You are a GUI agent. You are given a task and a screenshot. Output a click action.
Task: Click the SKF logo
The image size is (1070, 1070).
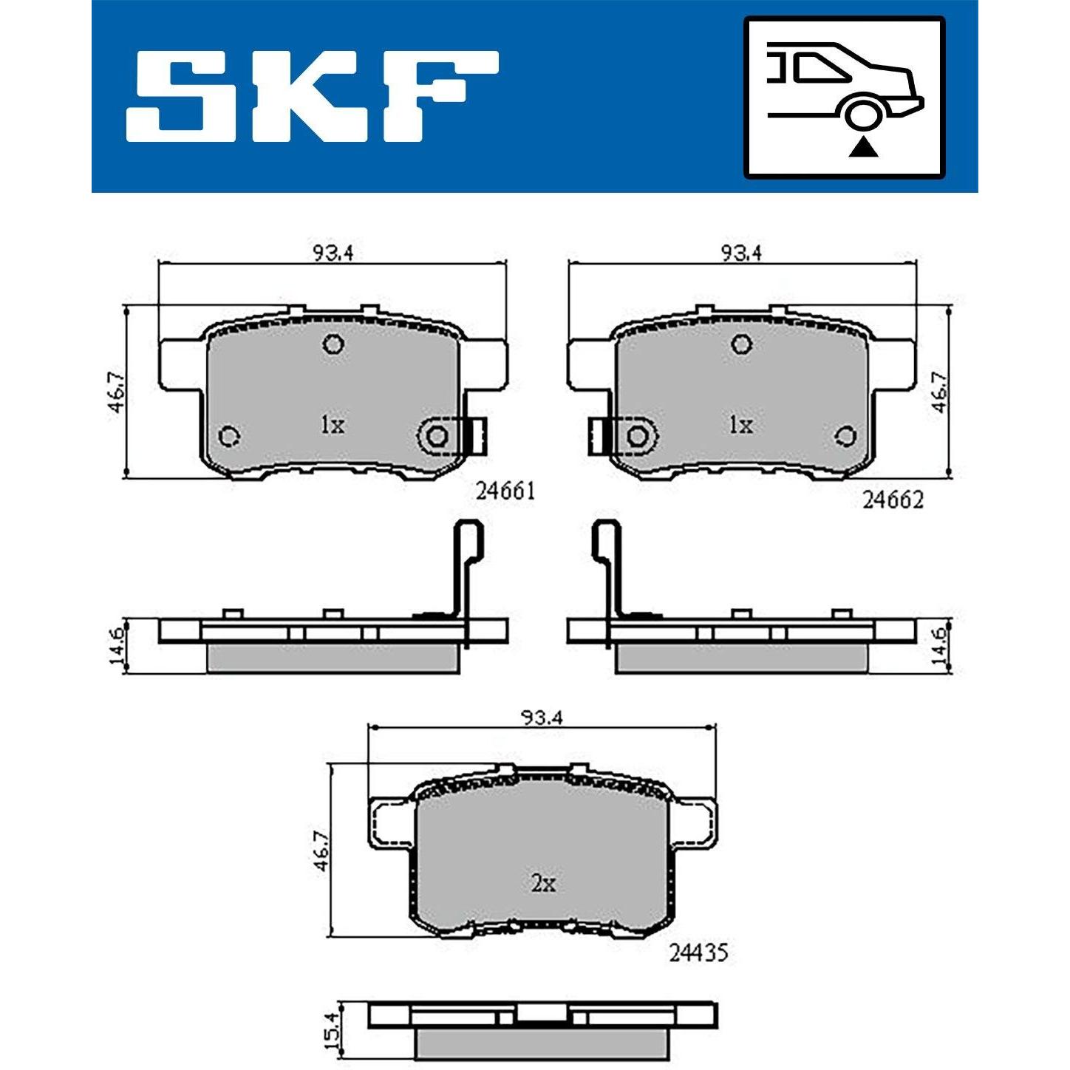(312, 97)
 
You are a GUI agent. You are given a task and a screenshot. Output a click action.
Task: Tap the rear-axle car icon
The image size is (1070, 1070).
(844, 97)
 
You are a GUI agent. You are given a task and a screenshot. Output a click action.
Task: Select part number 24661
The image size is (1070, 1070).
(505, 491)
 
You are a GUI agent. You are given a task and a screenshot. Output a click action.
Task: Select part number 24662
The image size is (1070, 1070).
(893, 500)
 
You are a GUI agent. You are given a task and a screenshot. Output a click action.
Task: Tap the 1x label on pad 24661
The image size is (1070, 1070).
(333, 426)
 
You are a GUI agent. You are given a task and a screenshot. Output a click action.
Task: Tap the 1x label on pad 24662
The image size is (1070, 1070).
(740, 426)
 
